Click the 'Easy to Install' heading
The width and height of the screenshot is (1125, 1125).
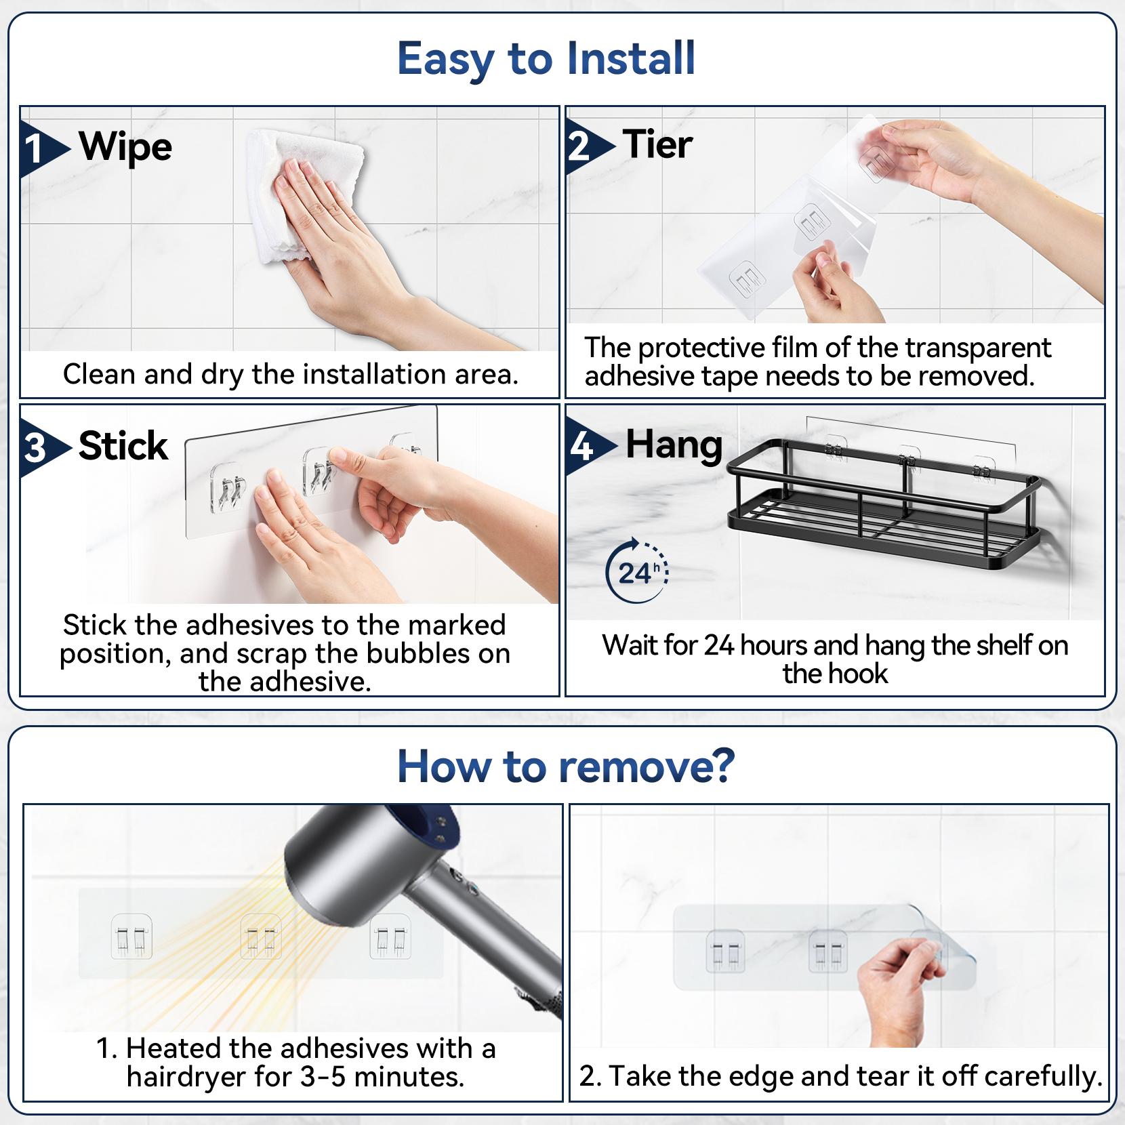tap(546, 59)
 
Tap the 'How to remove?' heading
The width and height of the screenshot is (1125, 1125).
tap(566, 766)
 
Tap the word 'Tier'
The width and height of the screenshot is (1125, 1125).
tap(657, 145)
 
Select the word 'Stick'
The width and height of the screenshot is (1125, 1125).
tap(123, 446)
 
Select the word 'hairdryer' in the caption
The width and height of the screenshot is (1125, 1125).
tap(185, 1077)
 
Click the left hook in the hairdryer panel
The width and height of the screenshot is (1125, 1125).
tap(131, 939)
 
